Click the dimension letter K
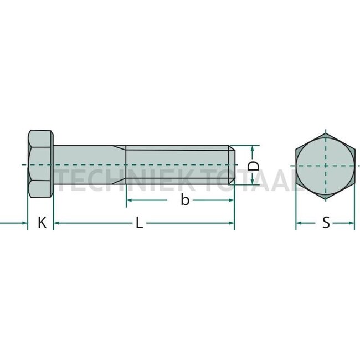pos(42,223)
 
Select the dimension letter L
pos(140,223)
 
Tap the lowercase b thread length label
pos(185,200)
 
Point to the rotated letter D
pos(253,166)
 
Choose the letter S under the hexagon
pos(326,223)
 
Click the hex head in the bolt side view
pos(40,165)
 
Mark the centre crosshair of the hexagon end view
pos(325,165)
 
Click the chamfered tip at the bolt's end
pos(233,165)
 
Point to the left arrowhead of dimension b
pos(130,200)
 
